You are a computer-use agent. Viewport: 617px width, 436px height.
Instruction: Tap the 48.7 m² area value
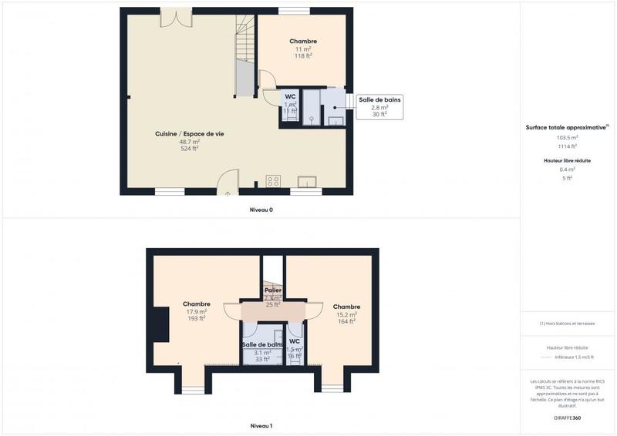coord(189,142)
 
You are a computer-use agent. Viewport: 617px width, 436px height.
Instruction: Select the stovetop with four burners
coord(273,181)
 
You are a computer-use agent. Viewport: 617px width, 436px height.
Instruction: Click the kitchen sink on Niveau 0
coord(306,182)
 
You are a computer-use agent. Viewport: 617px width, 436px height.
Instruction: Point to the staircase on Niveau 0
coord(244,58)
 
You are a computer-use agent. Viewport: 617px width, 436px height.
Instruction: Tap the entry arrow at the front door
coord(228,193)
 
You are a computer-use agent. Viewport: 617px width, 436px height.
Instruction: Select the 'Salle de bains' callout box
coord(379,106)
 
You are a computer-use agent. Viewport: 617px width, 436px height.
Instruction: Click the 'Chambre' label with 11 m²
coord(303,41)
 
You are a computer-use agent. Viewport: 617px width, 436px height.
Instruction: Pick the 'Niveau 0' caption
coord(261,210)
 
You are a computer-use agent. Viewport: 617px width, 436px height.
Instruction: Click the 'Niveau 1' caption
coord(261,426)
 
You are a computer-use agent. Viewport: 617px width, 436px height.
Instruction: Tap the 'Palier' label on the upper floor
coord(273,290)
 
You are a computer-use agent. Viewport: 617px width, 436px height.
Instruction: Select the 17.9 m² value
coord(197,311)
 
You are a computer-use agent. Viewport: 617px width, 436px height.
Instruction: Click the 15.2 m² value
coord(346,314)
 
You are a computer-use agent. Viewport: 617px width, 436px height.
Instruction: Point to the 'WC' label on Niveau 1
coord(295,341)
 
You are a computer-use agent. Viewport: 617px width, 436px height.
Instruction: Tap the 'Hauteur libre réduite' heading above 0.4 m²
coord(568,160)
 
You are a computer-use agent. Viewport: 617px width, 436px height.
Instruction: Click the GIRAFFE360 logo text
coord(567,418)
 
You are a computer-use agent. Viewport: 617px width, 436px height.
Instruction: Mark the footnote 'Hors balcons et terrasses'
coord(568,324)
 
